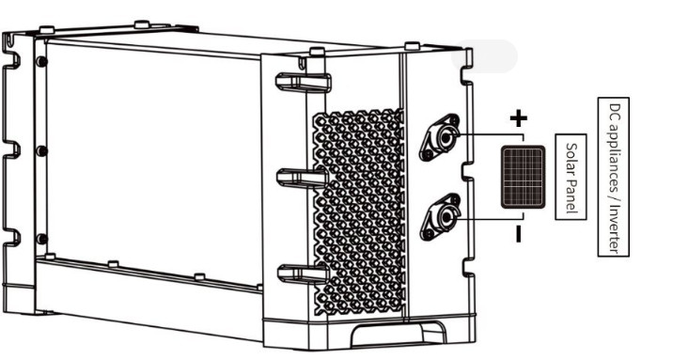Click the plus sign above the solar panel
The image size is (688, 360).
(518, 118)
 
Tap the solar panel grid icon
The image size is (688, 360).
(523, 176)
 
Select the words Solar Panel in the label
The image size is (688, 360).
(571, 178)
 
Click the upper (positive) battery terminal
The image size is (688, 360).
(441, 137)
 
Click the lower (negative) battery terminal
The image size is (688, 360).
(441, 217)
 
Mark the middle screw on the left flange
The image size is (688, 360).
(40, 150)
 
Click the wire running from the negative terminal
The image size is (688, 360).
(479, 217)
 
